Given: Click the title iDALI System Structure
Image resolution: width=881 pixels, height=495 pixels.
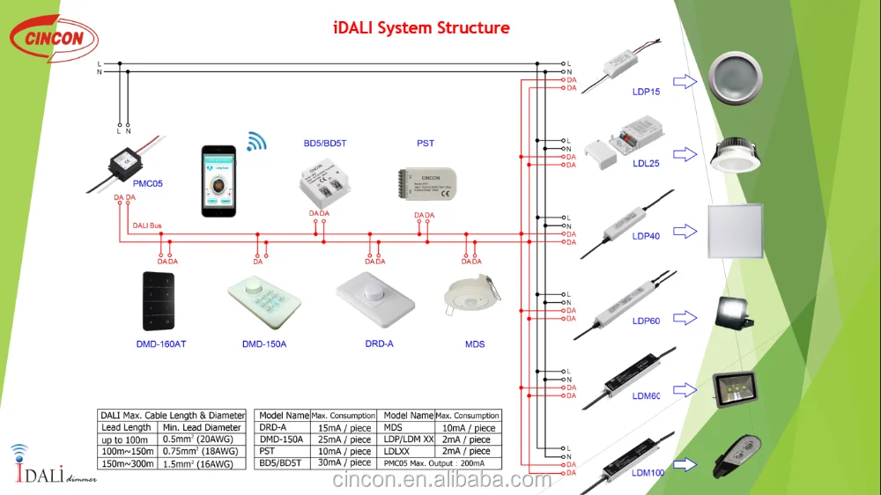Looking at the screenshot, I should (x=421, y=27).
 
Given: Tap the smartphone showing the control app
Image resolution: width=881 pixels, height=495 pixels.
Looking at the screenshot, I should (x=218, y=182).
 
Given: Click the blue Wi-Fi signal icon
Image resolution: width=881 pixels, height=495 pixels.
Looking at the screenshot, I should (x=255, y=141).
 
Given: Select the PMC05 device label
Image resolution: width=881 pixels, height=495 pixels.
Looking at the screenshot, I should (x=148, y=184).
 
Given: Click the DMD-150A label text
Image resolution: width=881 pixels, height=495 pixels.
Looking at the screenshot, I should (x=264, y=344).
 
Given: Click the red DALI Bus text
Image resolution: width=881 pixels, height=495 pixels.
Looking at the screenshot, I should (x=147, y=226).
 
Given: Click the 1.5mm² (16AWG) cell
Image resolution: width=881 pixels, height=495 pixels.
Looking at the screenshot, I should (x=198, y=463).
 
